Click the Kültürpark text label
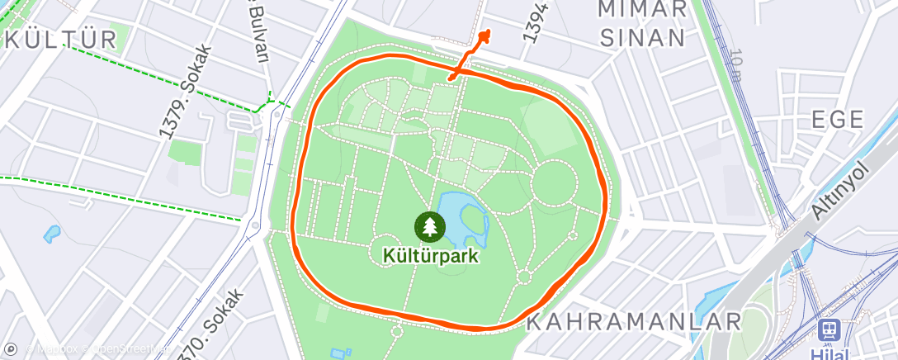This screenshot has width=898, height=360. (430, 255)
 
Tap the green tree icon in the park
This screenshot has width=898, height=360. (429, 225)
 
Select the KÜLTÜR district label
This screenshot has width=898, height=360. (60, 39)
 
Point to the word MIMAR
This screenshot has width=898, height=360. (643, 9)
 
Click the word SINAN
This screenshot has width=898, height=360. (643, 37)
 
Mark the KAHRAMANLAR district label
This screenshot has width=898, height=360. (634, 320)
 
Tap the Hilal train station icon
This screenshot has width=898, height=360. (828, 331)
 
